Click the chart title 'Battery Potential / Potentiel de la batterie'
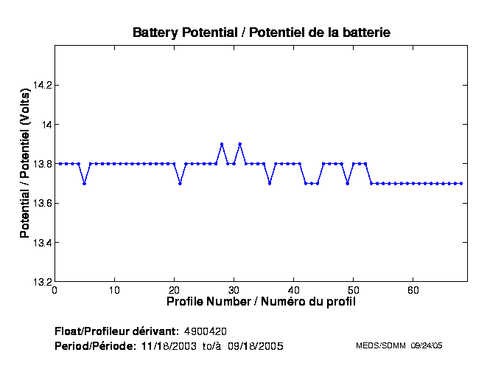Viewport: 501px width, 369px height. coord(261,32)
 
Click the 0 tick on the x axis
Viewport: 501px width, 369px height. coord(55,291)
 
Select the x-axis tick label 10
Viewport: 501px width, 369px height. coord(114,291)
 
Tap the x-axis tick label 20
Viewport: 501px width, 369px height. coord(175,291)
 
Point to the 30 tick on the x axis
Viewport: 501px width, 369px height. coord(234,291)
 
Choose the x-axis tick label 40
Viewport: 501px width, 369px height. coord(294,291)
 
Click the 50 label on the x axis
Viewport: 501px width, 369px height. coord(354,291)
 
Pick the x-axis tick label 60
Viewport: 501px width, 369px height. coord(414,291)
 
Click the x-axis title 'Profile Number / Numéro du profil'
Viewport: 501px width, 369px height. coord(261,302)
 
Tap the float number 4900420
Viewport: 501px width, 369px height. coord(210,331)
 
